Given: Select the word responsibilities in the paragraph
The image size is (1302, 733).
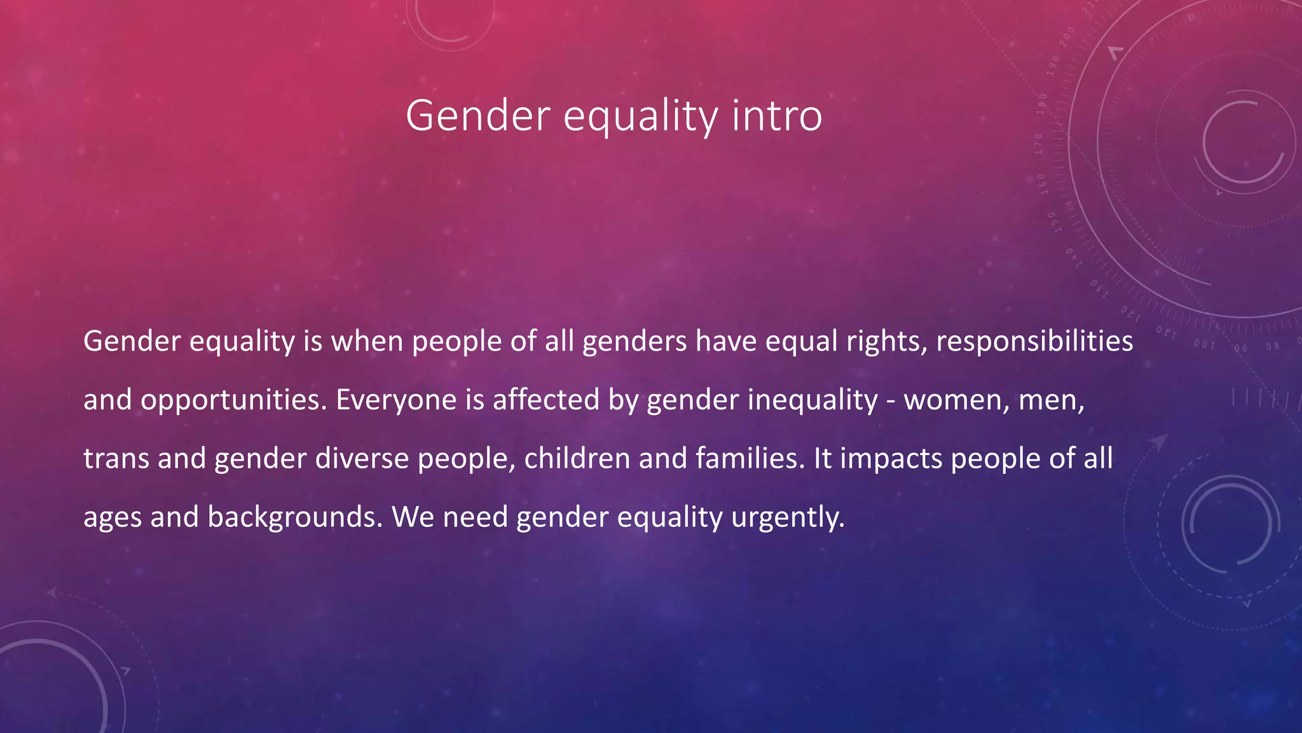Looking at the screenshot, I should pos(1034,342).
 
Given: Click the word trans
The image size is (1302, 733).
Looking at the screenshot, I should pos(116,459).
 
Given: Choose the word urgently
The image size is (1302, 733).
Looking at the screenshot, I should pos(788,517).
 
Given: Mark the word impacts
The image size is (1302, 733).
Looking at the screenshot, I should pos(891,459).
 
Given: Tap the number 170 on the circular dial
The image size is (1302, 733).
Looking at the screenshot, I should pos(1039,144).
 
